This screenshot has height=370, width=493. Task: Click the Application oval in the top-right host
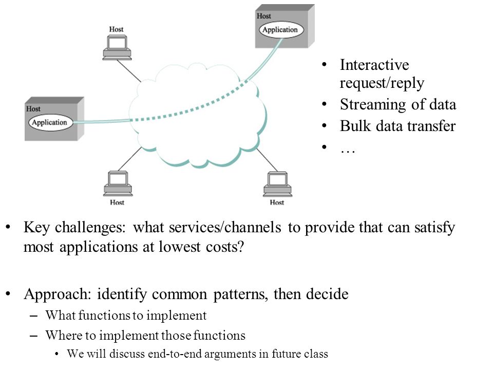pyautogui.click(x=281, y=30)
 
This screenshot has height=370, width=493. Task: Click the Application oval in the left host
pyautogui.click(x=50, y=122)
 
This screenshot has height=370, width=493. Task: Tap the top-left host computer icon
pyautogui.click(x=117, y=47)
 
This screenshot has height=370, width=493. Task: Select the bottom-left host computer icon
pyautogui.click(x=118, y=184)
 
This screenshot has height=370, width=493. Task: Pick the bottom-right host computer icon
pyautogui.click(x=277, y=184)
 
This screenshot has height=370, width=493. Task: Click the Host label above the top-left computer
pyautogui.click(x=117, y=29)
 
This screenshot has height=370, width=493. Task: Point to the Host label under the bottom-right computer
pyautogui.click(x=277, y=202)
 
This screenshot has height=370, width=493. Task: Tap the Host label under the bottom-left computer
pyautogui.click(x=117, y=202)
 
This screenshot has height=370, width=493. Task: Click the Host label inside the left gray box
pyautogui.click(x=33, y=109)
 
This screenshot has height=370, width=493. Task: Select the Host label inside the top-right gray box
pyautogui.click(x=264, y=16)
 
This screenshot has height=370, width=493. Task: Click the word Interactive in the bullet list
pyautogui.click(x=374, y=65)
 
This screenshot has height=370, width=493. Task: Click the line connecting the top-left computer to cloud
pyautogui.click(x=129, y=71)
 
